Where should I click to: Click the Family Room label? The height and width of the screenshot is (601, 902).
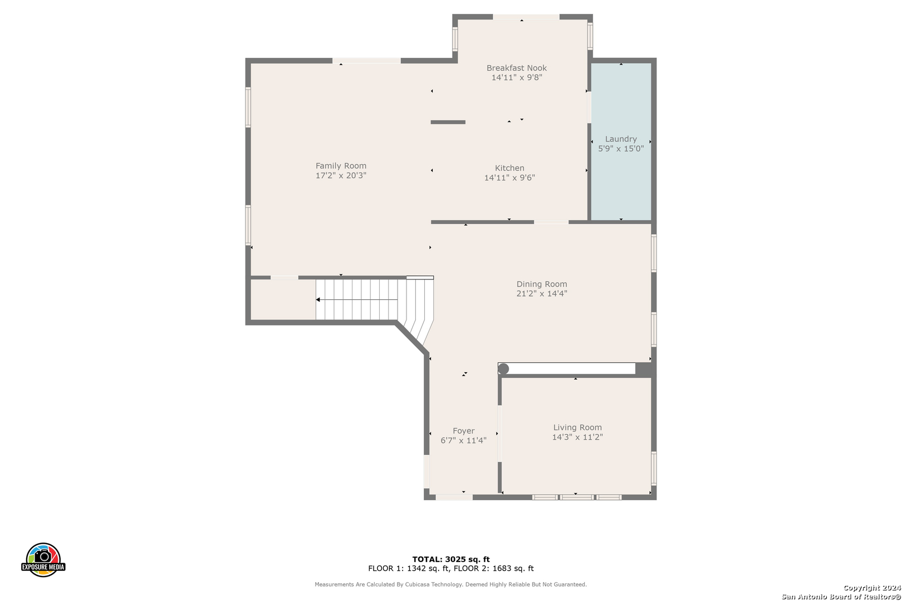pyautogui.click(x=341, y=165)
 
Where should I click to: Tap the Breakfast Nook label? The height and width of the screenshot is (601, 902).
pyautogui.click(x=517, y=68)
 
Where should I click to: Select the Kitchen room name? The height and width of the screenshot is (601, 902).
pyautogui.click(x=509, y=168)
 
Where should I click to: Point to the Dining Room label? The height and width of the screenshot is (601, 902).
pyautogui.click(x=542, y=284)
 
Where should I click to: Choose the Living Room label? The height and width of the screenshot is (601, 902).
pyautogui.click(x=577, y=427)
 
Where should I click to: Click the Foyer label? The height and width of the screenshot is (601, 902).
pyautogui.click(x=463, y=431)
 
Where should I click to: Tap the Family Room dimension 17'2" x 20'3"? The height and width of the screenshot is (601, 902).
pyautogui.click(x=341, y=175)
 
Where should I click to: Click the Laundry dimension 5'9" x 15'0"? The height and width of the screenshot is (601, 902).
pyautogui.click(x=620, y=148)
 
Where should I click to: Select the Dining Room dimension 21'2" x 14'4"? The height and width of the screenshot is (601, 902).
pyautogui.click(x=542, y=293)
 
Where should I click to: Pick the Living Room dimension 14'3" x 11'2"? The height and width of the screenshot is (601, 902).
pyautogui.click(x=577, y=437)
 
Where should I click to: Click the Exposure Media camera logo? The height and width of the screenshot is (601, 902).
pyautogui.click(x=43, y=559)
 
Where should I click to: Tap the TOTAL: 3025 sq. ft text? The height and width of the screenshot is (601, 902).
pyautogui.click(x=451, y=559)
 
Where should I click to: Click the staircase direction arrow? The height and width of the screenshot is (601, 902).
pyautogui.click(x=357, y=299)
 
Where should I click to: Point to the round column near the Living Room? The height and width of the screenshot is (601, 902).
pyautogui.click(x=503, y=368)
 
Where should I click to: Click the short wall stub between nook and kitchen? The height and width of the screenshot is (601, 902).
pyautogui.click(x=448, y=122)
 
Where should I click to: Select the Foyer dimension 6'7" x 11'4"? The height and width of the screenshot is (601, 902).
pyautogui.click(x=463, y=440)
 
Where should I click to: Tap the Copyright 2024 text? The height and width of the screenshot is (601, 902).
pyautogui.click(x=872, y=588)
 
